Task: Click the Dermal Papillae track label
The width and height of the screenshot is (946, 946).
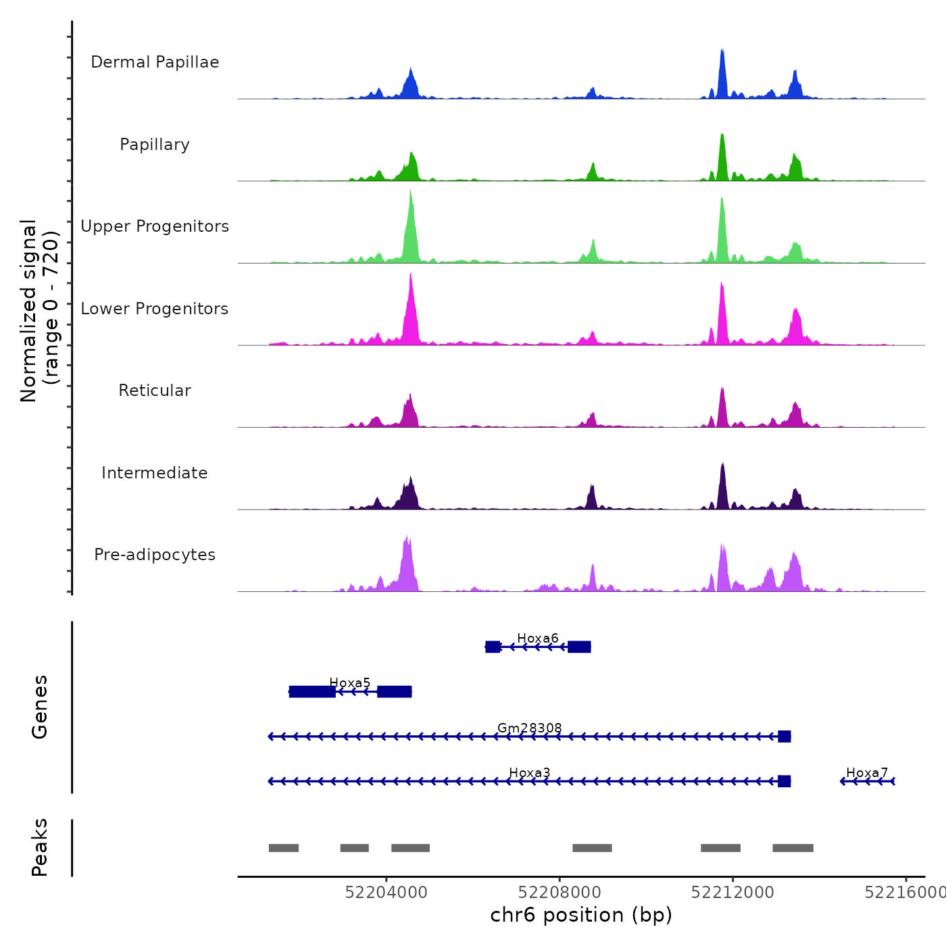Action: point(155,62)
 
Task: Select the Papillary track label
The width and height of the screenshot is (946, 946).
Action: point(155,145)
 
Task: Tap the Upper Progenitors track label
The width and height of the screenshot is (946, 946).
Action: point(155,226)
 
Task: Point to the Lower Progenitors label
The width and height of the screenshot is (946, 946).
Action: point(155,309)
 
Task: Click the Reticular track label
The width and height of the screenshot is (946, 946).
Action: point(155,391)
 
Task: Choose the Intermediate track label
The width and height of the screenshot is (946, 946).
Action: point(155,473)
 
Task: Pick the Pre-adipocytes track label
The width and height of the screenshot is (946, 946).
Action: point(155,555)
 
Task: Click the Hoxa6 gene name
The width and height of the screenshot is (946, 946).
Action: point(538,638)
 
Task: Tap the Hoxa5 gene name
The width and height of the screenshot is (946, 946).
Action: point(350,682)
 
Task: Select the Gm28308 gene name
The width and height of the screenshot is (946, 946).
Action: point(530,728)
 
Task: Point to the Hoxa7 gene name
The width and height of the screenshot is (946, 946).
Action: point(867,772)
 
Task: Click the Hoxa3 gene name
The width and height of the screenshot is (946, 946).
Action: point(530,772)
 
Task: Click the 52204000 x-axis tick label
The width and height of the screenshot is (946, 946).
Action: point(387,892)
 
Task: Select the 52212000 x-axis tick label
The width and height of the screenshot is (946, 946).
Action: point(732,892)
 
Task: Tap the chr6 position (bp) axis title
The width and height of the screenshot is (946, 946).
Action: point(581,915)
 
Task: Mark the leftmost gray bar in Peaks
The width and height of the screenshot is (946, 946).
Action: point(284,848)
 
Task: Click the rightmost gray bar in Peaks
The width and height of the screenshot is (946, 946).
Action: point(793,848)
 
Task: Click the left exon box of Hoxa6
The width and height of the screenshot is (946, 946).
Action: point(493,647)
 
